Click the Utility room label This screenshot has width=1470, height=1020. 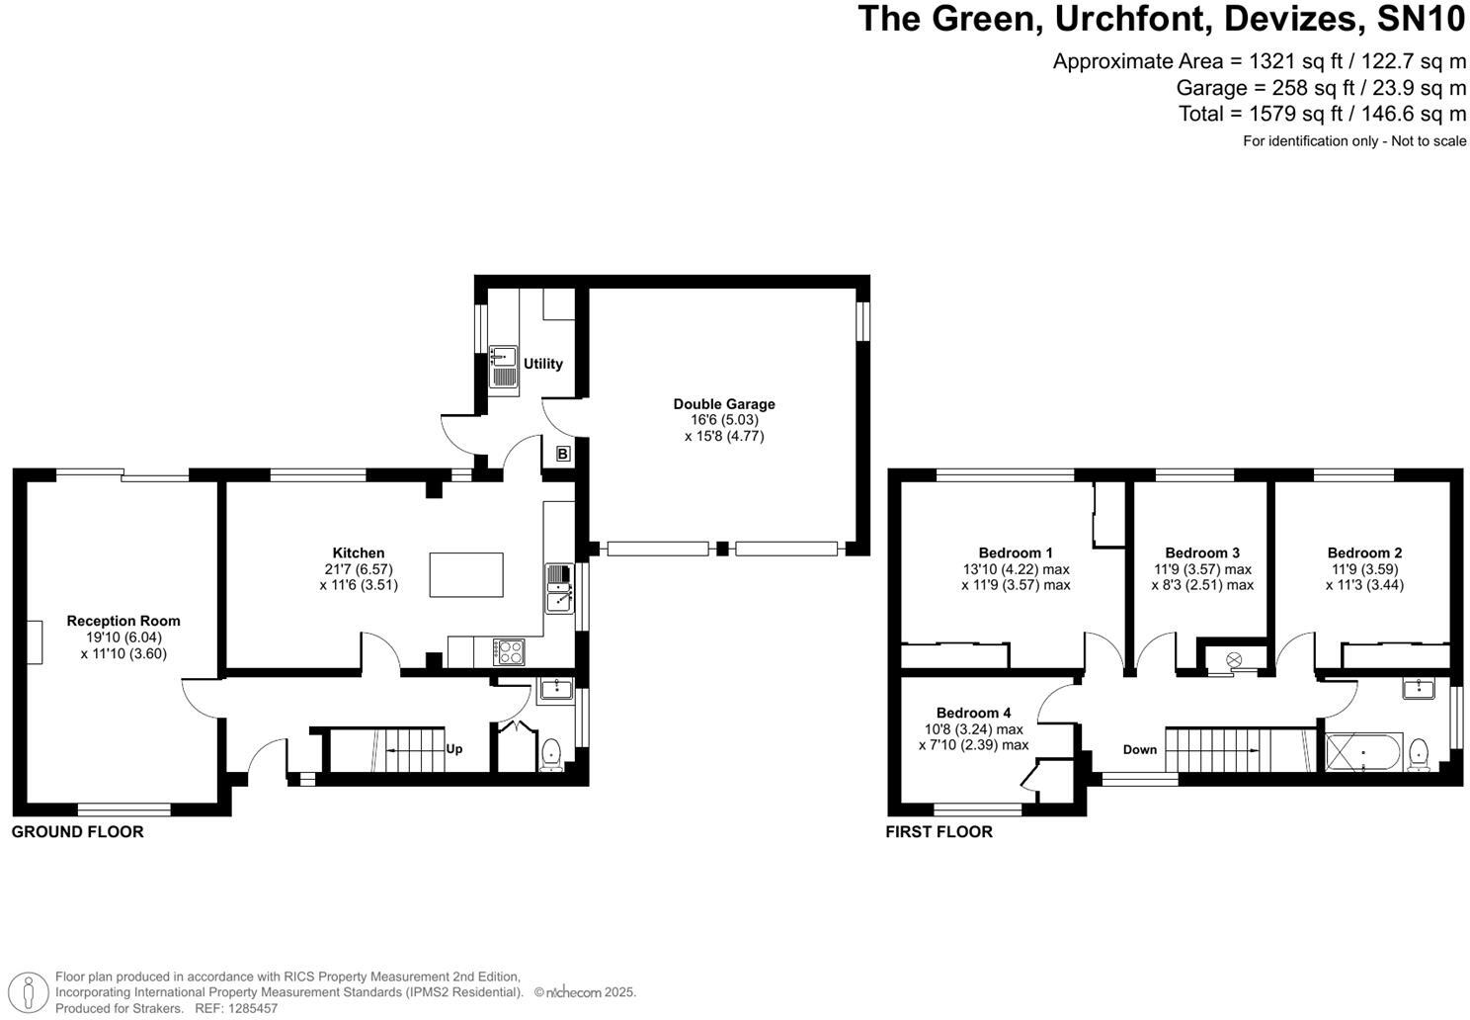click(543, 364)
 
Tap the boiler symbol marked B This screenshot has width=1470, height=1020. click(562, 454)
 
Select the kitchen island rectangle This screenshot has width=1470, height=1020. click(465, 574)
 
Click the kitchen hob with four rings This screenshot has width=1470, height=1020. click(511, 651)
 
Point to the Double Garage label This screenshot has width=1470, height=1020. click(723, 403)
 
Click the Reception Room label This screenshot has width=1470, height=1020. click(123, 621)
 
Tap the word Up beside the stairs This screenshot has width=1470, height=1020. click(453, 748)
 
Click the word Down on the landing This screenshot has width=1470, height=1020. click(1139, 749)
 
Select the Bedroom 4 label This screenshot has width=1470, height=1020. click(973, 713)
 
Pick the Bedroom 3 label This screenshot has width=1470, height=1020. click(1201, 552)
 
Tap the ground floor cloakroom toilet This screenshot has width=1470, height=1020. click(552, 755)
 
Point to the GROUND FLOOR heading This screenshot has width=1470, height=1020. click(77, 832)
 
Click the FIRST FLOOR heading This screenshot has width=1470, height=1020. click(939, 832)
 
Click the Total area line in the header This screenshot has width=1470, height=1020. click(1322, 114)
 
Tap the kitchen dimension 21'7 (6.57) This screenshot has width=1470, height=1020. click(359, 569)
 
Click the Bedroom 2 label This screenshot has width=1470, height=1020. click(1364, 552)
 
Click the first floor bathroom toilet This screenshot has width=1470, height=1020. click(1420, 753)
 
